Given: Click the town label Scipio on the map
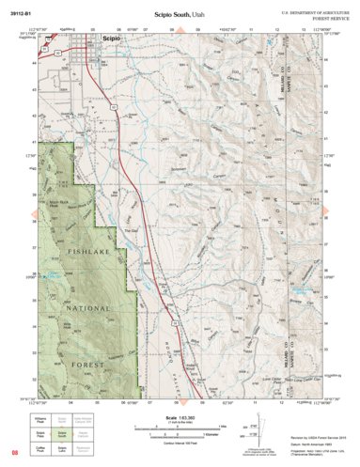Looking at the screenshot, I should click(x=111, y=39).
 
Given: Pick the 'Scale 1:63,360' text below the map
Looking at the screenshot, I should click(x=180, y=417).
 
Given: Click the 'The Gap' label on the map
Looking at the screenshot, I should click(x=133, y=231).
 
